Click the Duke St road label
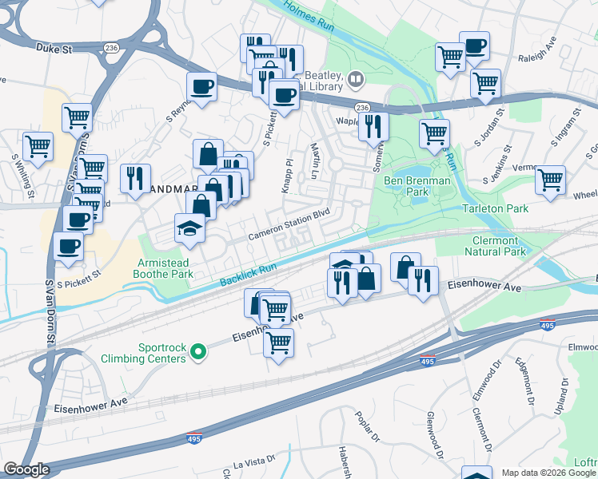(54, 48)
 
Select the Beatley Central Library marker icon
(355, 78)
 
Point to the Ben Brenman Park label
(417, 186)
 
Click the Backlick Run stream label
(248, 275)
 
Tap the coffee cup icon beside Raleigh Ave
(475, 46)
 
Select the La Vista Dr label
(253, 461)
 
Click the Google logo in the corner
(26, 469)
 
